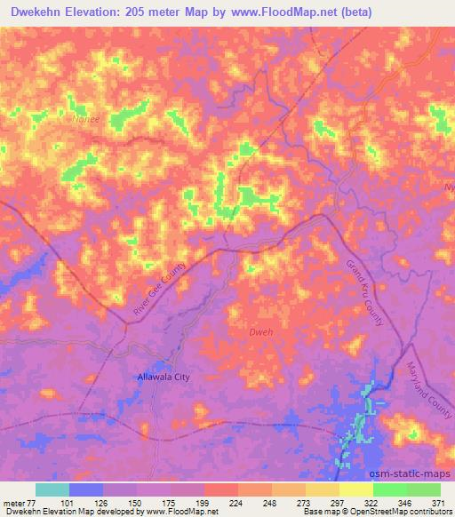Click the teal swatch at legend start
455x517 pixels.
click(52, 489)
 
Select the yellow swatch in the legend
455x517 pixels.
click(355, 489)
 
